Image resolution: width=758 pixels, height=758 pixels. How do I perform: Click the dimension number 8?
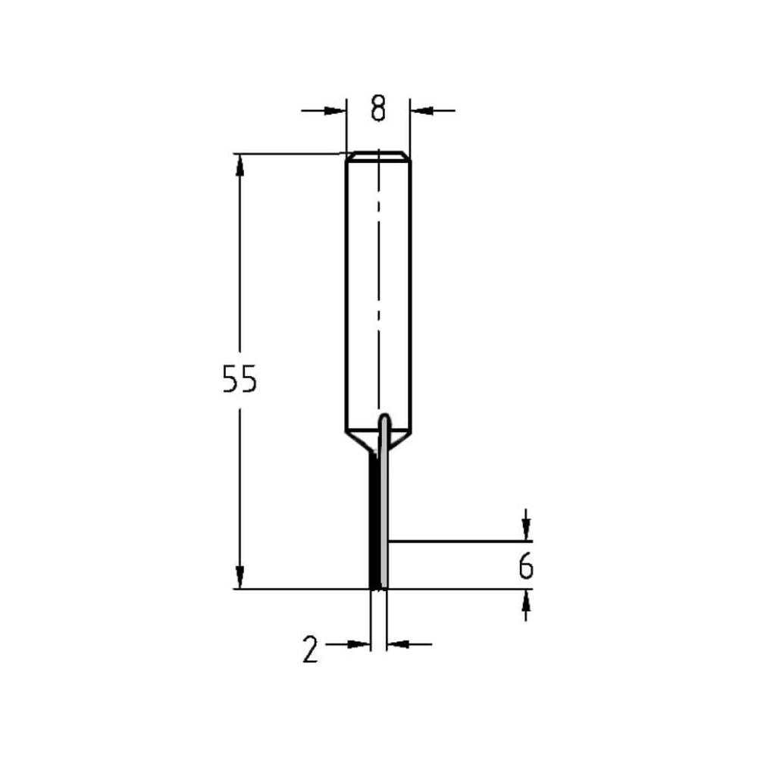click(378, 109)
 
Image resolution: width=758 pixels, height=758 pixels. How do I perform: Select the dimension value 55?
click(240, 380)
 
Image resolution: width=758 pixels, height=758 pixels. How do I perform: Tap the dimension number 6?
click(526, 566)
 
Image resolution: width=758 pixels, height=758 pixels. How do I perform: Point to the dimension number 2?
click(310, 650)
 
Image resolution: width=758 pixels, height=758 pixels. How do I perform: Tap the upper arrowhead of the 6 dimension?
click(526, 531)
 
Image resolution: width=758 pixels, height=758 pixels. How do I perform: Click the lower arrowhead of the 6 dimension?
click(526, 600)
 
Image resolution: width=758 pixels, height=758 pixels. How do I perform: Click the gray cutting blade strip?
click(386, 515)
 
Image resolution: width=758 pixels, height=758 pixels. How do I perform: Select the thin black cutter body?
click(374, 523)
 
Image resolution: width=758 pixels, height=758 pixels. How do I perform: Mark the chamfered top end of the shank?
click(378, 157)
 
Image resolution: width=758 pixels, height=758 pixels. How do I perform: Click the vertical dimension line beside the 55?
click(240, 288)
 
